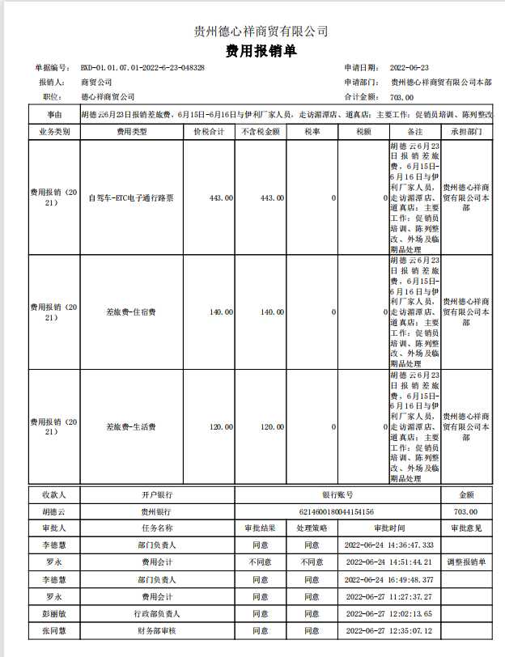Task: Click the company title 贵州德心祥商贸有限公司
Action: [261, 32]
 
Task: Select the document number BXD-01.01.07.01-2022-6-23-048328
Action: [142, 68]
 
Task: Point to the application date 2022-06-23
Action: [410, 68]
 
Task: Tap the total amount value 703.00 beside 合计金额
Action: [401, 97]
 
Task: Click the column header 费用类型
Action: [131, 131]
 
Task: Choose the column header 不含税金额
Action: [260, 131]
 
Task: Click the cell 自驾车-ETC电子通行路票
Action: [131, 197]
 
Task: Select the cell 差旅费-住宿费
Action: [131, 312]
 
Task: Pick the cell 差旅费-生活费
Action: [131, 426]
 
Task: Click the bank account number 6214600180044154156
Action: [337, 511]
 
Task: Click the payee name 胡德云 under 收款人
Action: [53, 511]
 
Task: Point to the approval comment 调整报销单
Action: [465, 562]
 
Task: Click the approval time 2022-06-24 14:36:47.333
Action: [389, 545]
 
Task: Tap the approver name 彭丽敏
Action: [53, 614]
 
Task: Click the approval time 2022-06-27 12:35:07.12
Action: [389, 631]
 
